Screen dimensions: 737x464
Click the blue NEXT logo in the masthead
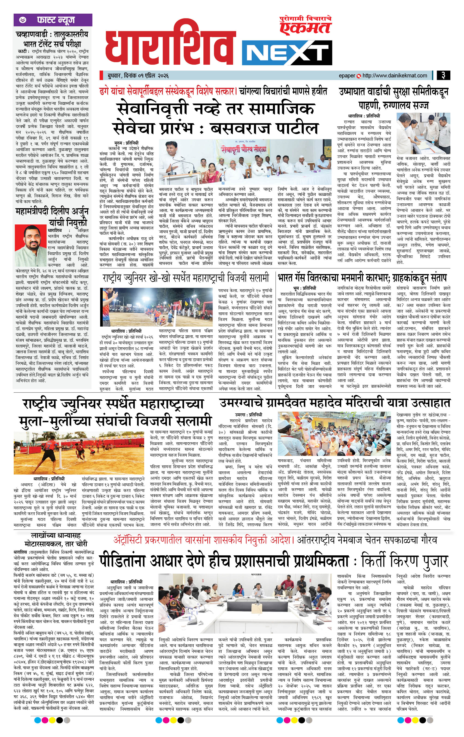[x=287, y=53]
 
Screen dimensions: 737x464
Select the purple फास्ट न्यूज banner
[x=53, y=20]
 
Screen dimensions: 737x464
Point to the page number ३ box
[x=443, y=75]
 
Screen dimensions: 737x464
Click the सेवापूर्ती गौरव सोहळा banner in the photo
[x=244, y=149]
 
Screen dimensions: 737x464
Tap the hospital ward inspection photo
[x=423, y=133]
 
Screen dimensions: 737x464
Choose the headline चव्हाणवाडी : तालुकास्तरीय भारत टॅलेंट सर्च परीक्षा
[x=52, y=38]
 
